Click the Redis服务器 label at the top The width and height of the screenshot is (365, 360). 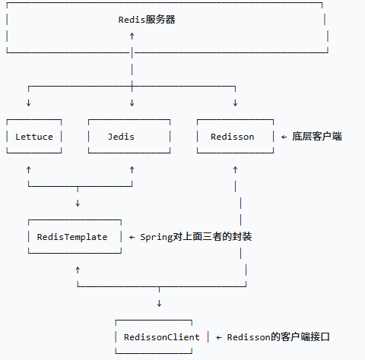147,20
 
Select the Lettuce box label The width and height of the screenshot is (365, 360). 34,137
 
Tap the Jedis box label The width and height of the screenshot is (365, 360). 121,137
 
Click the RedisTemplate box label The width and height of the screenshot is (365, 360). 72,237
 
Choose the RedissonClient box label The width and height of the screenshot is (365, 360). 162,337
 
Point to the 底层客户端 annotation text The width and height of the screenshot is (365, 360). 317,136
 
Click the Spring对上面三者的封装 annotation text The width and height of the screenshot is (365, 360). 196,237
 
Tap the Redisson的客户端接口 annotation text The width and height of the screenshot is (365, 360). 278,337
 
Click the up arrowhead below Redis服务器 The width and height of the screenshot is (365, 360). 132,36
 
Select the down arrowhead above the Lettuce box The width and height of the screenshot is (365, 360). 29,103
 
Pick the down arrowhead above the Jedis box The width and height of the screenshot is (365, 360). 132,103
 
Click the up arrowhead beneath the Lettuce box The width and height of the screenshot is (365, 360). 29,169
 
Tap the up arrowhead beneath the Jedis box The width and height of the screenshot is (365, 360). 132,169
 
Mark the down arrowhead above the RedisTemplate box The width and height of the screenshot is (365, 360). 78,203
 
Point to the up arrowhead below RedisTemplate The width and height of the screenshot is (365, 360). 78,270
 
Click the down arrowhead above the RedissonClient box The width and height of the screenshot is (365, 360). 159,303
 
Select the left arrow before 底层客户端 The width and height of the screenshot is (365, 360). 284,137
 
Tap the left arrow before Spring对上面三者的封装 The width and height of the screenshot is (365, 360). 132,237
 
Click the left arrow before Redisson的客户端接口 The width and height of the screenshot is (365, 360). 219,337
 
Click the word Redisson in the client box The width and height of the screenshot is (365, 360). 233,137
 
